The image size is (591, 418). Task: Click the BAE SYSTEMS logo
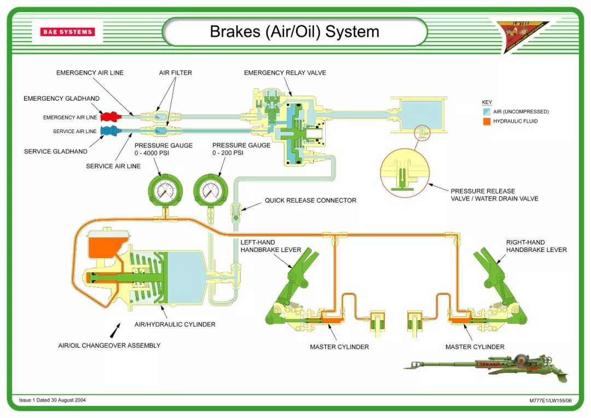click(67, 32)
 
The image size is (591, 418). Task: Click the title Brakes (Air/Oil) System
click(294, 31)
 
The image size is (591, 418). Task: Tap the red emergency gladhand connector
click(109, 116)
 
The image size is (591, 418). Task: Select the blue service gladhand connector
click(109, 130)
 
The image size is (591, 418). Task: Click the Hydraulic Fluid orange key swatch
click(486, 121)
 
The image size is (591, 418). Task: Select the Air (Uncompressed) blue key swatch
click(486, 111)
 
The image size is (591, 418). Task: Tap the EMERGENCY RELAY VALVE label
click(285, 73)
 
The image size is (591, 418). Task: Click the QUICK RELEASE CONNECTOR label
click(310, 201)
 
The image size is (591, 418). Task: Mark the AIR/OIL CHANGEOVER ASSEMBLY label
click(109, 346)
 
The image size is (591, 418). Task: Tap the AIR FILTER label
click(176, 73)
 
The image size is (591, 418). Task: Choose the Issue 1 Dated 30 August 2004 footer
click(53, 400)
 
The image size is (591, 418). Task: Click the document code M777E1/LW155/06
click(550, 400)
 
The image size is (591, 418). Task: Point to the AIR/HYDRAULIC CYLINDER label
click(175, 324)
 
